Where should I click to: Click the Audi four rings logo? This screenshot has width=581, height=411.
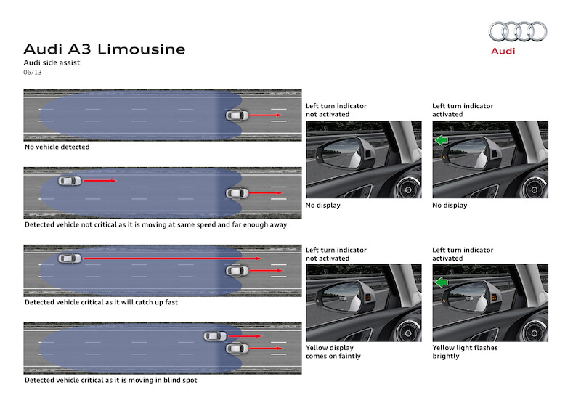tap(518, 31)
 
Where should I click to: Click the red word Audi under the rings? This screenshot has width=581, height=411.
tap(503, 51)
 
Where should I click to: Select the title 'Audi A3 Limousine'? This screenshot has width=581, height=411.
tap(105, 49)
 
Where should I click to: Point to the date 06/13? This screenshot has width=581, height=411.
tap(33, 73)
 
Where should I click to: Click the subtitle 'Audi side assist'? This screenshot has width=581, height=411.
tap(52, 63)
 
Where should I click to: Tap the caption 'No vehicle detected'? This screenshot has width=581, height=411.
tap(57, 147)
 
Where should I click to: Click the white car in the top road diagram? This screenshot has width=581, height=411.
tap(237, 115)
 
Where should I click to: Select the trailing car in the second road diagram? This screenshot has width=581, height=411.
tap(70, 180)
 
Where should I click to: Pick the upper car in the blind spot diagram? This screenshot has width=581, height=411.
tap(215, 336)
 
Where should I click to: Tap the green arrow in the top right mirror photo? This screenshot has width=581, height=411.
tap(440, 140)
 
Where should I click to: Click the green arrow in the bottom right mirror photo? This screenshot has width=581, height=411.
tap(440, 284)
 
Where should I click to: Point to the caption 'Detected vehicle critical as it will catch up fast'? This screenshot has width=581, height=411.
tap(101, 302)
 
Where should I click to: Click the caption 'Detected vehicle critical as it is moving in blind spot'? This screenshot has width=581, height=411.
tap(110, 380)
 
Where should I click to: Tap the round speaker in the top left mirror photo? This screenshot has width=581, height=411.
tap(407, 191)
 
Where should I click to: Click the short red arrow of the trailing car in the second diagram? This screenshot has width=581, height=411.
tap(98, 180)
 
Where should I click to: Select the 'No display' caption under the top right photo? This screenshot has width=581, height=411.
tap(450, 206)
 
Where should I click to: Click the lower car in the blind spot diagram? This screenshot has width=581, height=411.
tap(237, 349)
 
